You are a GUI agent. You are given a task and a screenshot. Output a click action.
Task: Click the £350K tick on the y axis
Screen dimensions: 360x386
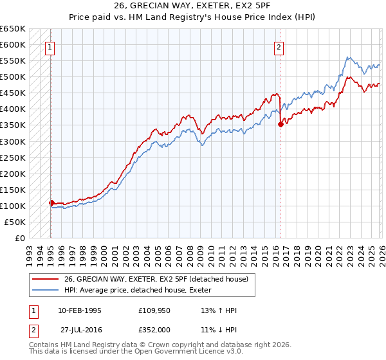pos(12,125)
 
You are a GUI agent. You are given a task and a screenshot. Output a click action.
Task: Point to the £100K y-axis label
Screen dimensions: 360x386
pos(12,206)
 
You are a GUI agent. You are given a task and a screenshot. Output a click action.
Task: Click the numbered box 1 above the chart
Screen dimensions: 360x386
pos(50,47)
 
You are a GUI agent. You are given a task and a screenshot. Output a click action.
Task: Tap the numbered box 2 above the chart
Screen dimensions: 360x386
pos(279,47)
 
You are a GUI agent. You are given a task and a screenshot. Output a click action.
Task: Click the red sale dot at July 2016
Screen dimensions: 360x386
pos(280,125)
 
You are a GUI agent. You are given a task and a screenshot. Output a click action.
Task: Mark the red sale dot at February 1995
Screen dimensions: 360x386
pos(51,203)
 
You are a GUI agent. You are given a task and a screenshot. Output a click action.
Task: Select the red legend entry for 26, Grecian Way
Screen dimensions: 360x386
pos(151,278)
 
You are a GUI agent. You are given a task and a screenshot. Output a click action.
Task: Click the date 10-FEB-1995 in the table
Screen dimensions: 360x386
pos(79,310)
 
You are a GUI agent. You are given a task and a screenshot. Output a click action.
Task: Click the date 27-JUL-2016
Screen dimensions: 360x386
pos(81,328)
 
